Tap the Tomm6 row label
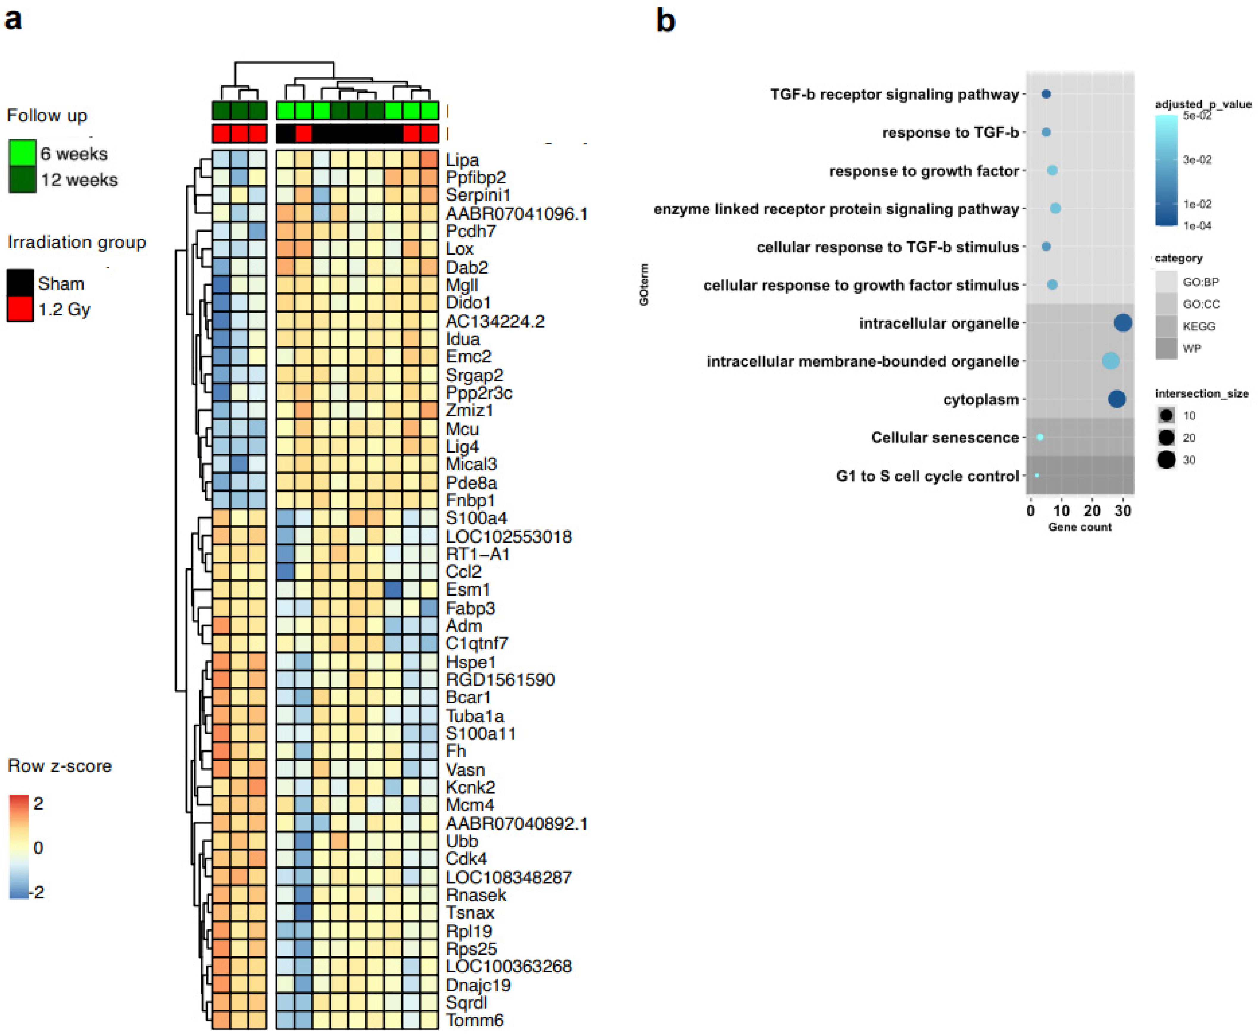pyautogui.click(x=475, y=1020)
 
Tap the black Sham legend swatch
pyautogui.click(x=20, y=283)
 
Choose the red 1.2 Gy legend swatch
pyautogui.click(x=20, y=309)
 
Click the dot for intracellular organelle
pyautogui.click(x=1123, y=323)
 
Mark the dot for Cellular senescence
pyautogui.click(x=1040, y=437)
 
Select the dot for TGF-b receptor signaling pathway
pyautogui.click(x=1046, y=94)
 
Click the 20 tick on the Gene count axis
pyautogui.click(x=1092, y=511)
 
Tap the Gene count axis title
pyautogui.click(x=1079, y=527)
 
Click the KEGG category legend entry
pyautogui.click(x=1199, y=326)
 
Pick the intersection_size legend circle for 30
pyautogui.click(x=1167, y=460)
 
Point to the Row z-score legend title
pyautogui.click(x=60, y=766)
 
